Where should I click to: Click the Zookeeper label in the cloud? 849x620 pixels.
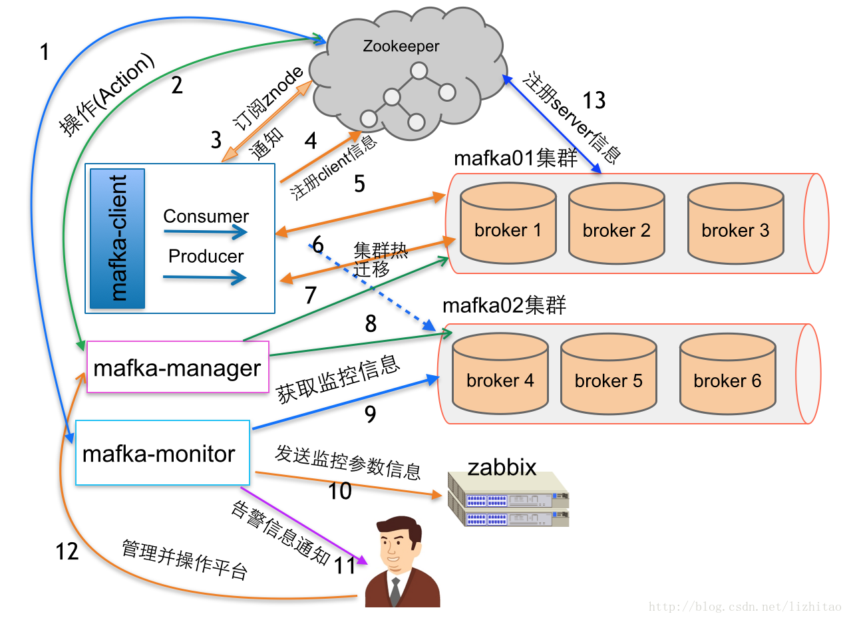pos(401,47)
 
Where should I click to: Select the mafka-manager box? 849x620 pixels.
pos(178,367)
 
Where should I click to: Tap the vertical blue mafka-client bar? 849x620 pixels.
pos(118,238)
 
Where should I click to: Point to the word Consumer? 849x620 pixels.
pos(206,216)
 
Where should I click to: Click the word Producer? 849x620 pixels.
pos(206,256)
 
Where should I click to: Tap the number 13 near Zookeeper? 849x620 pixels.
pos(594,100)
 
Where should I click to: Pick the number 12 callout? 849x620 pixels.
pos(67,551)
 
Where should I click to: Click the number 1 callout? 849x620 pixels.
pos(45,51)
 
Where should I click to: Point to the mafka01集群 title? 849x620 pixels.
pos(515,159)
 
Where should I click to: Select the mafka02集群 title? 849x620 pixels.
pos(504,306)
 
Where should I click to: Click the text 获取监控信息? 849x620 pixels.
pos(338,380)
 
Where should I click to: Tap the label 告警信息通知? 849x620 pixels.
pos(279,533)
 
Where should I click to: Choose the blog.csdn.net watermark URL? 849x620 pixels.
pos(745,607)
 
